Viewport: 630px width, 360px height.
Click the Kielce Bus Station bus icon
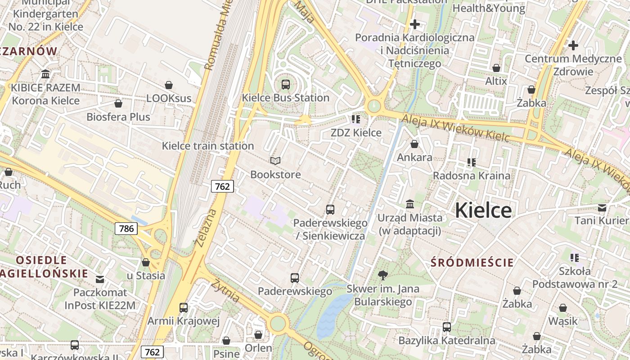pyautogui.click(x=285, y=84)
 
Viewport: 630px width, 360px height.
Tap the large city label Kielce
pyautogui.click(x=483, y=210)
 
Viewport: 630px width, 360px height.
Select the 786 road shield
pyautogui.click(x=126, y=228)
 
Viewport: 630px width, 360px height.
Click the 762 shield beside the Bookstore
pyautogui.click(x=222, y=186)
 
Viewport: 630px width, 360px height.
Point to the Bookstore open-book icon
pyautogui.click(x=275, y=161)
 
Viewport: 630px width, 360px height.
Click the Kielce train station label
pyautogui.click(x=208, y=146)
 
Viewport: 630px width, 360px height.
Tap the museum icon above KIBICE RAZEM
pyautogui.click(x=45, y=74)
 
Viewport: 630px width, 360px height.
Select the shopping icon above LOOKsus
pyautogui.click(x=169, y=85)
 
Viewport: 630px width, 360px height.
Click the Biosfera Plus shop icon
pyautogui.click(x=118, y=103)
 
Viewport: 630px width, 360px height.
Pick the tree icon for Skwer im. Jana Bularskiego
pyautogui.click(x=383, y=275)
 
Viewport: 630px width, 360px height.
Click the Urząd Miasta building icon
pyautogui.click(x=410, y=204)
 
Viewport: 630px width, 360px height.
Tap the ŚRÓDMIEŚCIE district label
pyautogui.click(x=472, y=262)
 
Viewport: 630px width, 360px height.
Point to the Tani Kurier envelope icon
pyautogui.click(x=602, y=207)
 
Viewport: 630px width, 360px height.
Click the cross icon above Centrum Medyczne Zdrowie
pyautogui.click(x=573, y=45)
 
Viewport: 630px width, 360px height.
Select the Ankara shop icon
pyautogui.click(x=414, y=144)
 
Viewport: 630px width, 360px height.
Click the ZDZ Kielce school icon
pyautogui.click(x=356, y=119)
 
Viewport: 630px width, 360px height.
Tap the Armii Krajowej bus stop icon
pyautogui.click(x=184, y=308)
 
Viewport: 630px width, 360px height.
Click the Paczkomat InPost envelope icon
pyautogui.click(x=100, y=279)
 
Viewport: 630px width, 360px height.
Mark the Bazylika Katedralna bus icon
pyautogui.click(x=447, y=327)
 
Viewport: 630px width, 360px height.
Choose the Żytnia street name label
pyautogui.click(x=226, y=290)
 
